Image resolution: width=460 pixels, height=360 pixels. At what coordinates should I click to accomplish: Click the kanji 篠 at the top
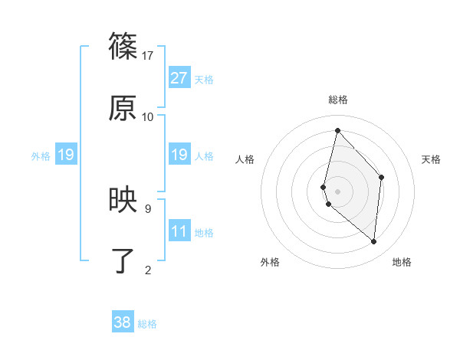(123, 47)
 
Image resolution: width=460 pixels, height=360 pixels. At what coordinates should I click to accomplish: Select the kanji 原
(123, 109)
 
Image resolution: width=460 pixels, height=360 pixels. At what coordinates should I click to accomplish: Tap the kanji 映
(123, 200)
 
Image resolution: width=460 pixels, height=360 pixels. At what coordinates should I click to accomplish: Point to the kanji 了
(123, 261)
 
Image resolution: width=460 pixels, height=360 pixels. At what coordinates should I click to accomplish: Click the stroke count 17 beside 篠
(148, 55)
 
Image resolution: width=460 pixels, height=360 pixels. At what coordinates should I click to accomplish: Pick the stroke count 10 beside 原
(148, 116)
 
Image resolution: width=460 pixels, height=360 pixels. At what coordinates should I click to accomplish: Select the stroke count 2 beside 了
(148, 269)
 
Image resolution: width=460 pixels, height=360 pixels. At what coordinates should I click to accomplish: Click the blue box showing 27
(179, 77)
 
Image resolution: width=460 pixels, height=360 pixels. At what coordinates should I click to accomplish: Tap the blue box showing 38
(123, 322)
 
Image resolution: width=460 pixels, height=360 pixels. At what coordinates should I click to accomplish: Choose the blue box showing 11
(179, 231)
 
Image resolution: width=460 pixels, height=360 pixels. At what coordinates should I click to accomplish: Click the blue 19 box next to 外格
(66, 155)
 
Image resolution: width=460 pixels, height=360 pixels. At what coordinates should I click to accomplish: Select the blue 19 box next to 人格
(179, 155)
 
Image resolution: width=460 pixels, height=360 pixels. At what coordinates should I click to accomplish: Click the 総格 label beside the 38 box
(147, 324)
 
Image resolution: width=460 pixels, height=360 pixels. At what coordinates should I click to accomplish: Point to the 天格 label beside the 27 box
(204, 79)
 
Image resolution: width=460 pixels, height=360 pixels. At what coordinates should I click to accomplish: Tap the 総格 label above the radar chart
(338, 100)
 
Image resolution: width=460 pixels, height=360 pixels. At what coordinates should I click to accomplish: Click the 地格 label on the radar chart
(402, 262)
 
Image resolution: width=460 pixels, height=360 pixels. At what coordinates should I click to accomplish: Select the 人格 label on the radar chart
(245, 159)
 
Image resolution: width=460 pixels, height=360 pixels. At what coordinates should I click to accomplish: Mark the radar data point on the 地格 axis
(373, 241)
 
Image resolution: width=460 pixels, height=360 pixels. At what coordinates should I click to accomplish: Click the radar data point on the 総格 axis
(337, 130)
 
